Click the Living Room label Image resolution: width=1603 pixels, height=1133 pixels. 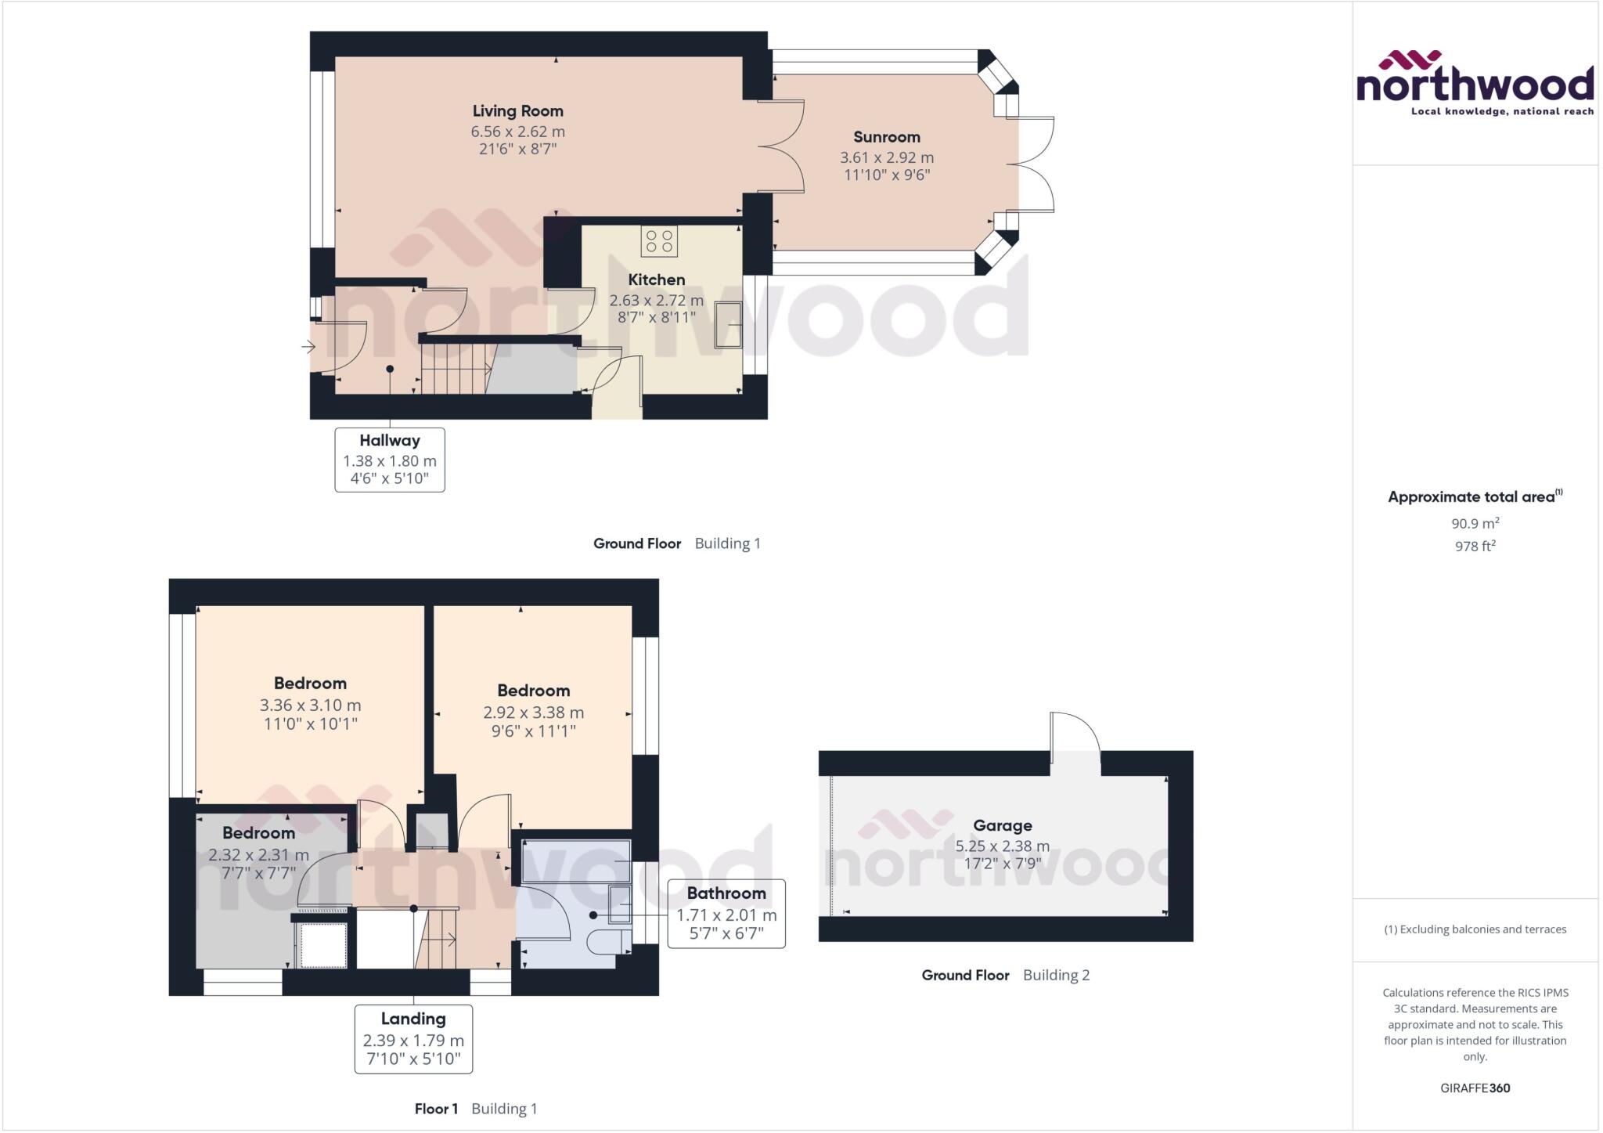517,111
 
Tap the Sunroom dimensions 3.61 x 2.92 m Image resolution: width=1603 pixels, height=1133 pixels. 886,157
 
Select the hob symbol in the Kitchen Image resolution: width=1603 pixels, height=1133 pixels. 659,240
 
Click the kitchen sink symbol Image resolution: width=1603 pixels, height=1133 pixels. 728,324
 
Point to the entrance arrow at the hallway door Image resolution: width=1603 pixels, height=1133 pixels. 309,346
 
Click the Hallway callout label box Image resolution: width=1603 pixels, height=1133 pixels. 390,460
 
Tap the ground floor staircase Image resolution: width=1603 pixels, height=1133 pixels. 452,368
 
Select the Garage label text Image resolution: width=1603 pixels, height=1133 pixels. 1002,825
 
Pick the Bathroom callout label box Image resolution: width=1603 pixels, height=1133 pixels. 726,914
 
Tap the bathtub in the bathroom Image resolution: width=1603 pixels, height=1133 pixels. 576,861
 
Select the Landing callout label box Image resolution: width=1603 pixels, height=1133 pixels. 413,1039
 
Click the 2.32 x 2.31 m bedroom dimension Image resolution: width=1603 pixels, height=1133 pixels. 258,855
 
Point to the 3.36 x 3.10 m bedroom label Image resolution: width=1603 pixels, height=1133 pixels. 310,705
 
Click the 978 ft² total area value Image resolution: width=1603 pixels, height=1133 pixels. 1475,547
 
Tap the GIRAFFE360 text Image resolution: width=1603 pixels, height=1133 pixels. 1475,1088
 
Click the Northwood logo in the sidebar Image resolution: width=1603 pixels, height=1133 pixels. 1475,83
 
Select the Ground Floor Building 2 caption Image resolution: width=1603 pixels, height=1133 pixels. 1005,975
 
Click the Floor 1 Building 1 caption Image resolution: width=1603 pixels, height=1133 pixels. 476,1109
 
